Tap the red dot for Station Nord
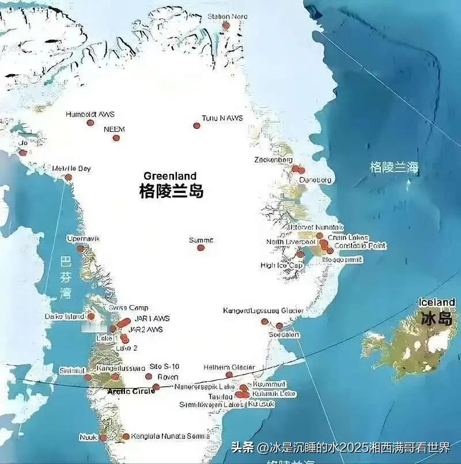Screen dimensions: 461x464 [226, 25]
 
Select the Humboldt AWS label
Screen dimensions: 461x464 [90, 114]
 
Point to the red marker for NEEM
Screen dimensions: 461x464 [116, 138]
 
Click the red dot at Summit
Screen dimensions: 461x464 [201, 248]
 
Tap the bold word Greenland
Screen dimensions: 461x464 [170, 176]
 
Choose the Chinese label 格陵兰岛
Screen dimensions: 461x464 [171, 191]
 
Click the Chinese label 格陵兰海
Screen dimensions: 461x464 [394, 168]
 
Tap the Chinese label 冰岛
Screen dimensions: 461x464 [436, 318]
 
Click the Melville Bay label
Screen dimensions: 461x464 [71, 169]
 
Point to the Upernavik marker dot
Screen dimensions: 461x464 [81, 249]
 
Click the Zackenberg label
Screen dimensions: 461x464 [273, 160]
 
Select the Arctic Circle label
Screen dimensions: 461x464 [131, 391]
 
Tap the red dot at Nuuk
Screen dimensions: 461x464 [103, 438]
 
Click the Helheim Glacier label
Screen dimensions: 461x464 [229, 367]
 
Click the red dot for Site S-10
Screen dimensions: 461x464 [149, 376]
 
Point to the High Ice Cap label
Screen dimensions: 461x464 [281, 265]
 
